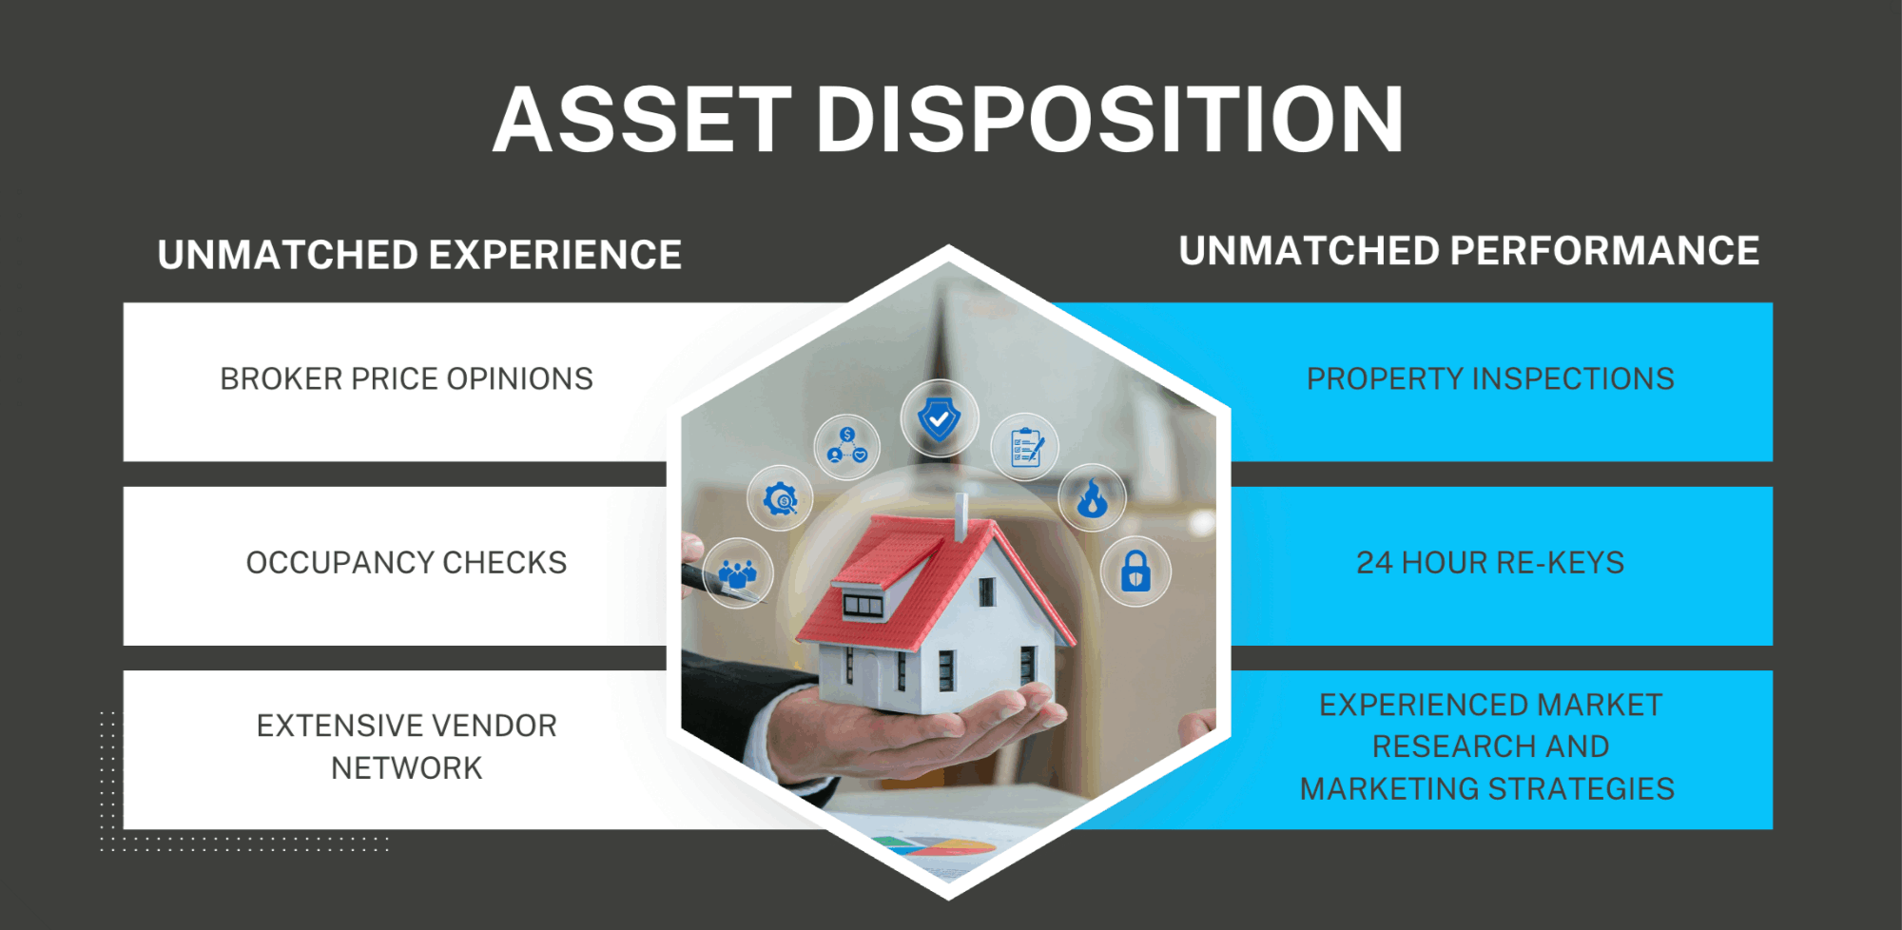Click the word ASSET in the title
coord(643,119)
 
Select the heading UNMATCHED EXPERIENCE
coord(419,255)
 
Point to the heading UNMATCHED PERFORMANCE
coord(1469,251)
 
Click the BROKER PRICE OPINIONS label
coord(406,378)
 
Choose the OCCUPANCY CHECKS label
coord(406,562)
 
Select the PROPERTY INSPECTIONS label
coord(1490,378)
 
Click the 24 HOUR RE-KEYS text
coord(1490,562)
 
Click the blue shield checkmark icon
coord(939,418)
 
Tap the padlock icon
coord(1135,571)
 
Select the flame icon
coord(1093,497)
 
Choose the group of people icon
coord(737,572)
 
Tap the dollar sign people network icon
coord(846,446)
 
